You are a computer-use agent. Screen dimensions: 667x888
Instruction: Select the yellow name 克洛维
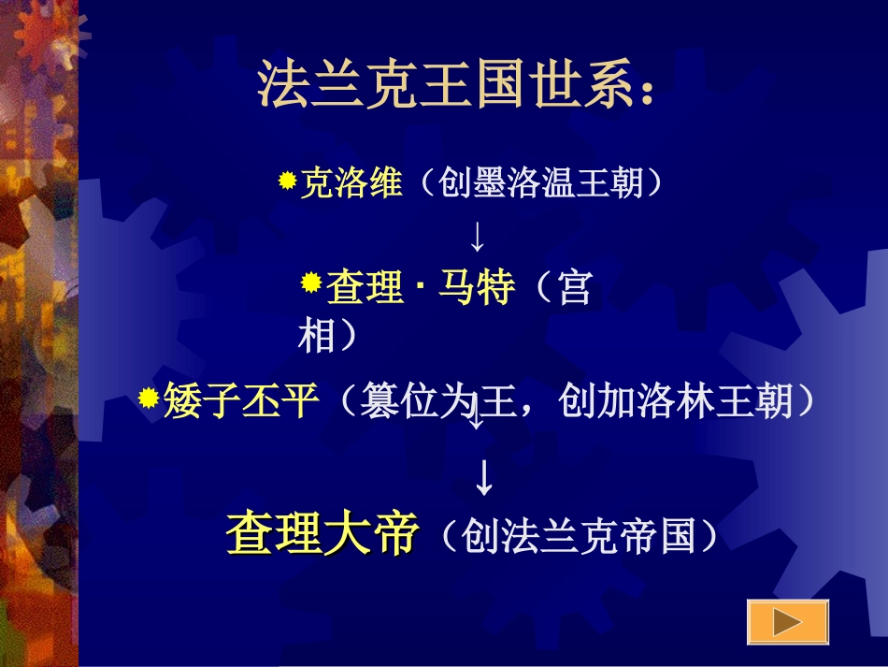(x=351, y=183)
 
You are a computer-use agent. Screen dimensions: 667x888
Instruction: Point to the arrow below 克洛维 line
(x=477, y=237)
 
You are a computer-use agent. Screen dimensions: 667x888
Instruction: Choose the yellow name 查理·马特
(x=421, y=289)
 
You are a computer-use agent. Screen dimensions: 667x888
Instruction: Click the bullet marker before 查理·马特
(x=311, y=283)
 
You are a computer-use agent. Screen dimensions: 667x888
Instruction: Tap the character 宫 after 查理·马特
(x=573, y=289)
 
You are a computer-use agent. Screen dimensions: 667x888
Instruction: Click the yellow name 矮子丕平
(x=242, y=402)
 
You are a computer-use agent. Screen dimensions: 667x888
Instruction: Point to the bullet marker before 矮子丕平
(x=148, y=399)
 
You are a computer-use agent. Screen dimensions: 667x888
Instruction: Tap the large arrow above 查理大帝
(x=483, y=477)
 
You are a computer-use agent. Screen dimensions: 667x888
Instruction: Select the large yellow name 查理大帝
(x=321, y=534)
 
